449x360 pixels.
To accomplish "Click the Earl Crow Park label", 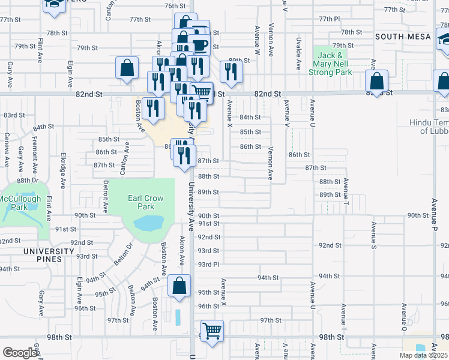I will click(142, 202).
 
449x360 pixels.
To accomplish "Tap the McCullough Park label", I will click(20, 202).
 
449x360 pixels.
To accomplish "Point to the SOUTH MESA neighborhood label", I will click(403, 37).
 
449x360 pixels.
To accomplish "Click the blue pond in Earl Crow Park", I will click(148, 224).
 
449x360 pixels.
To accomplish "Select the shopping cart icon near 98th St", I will click(212, 331).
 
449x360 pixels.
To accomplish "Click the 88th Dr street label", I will click(28, 180).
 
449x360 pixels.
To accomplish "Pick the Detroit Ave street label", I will click(105, 196).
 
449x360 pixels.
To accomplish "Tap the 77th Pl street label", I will click(330, 19).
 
